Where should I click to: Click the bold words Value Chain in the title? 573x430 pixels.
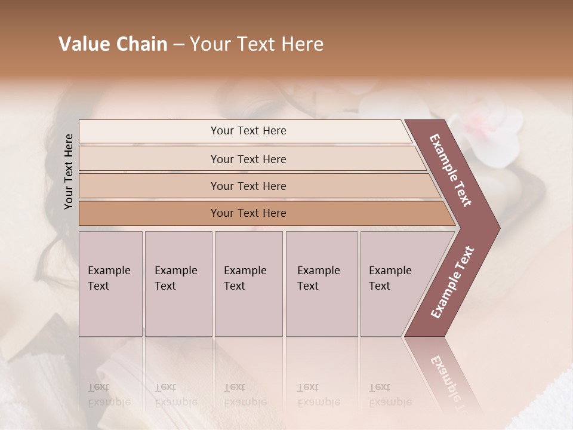click(x=113, y=44)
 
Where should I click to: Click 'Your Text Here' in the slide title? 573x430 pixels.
click(x=257, y=44)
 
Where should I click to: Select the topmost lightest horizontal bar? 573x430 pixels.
click(x=248, y=131)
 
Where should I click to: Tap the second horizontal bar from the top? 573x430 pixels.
click(x=248, y=159)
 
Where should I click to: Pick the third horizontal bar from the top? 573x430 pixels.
click(x=248, y=186)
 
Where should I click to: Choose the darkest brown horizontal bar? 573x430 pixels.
click(x=248, y=213)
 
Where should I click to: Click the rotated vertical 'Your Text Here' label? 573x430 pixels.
click(x=69, y=171)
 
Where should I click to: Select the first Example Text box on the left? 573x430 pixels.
click(x=110, y=284)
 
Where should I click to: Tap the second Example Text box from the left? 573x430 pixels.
click(x=178, y=284)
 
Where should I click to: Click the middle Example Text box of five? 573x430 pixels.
click(x=248, y=284)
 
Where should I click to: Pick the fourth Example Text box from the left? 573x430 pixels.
click(x=321, y=284)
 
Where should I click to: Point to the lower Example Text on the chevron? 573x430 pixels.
click(x=452, y=282)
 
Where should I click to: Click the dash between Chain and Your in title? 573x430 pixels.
click(x=178, y=45)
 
